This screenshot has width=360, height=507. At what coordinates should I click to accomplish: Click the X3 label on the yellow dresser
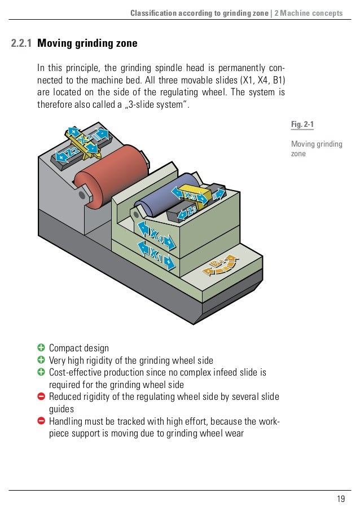pyautogui.click(x=191, y=195)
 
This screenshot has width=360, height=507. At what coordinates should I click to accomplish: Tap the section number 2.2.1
pyautogui.click(x=21, y=43)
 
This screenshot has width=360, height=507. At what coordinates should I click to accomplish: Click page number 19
pyautogui.click(x=340, y=497)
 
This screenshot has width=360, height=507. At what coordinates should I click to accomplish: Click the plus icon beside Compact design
pyautogui.click(x=41, y=348)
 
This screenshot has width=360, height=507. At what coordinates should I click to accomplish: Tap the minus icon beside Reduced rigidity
pyautogui.click(x=41, y=397)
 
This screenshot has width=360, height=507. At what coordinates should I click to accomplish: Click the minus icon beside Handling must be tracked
pyautogui.click(x=41, y=421)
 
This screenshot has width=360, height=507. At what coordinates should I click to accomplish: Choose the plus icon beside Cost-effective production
pyautogui.click(x=41, y=373)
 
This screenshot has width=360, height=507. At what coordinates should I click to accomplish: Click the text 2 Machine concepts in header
pyautogui.click(x=308, y=13)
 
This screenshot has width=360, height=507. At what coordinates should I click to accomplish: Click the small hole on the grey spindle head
pyautogui.click(x=83, y=195)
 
